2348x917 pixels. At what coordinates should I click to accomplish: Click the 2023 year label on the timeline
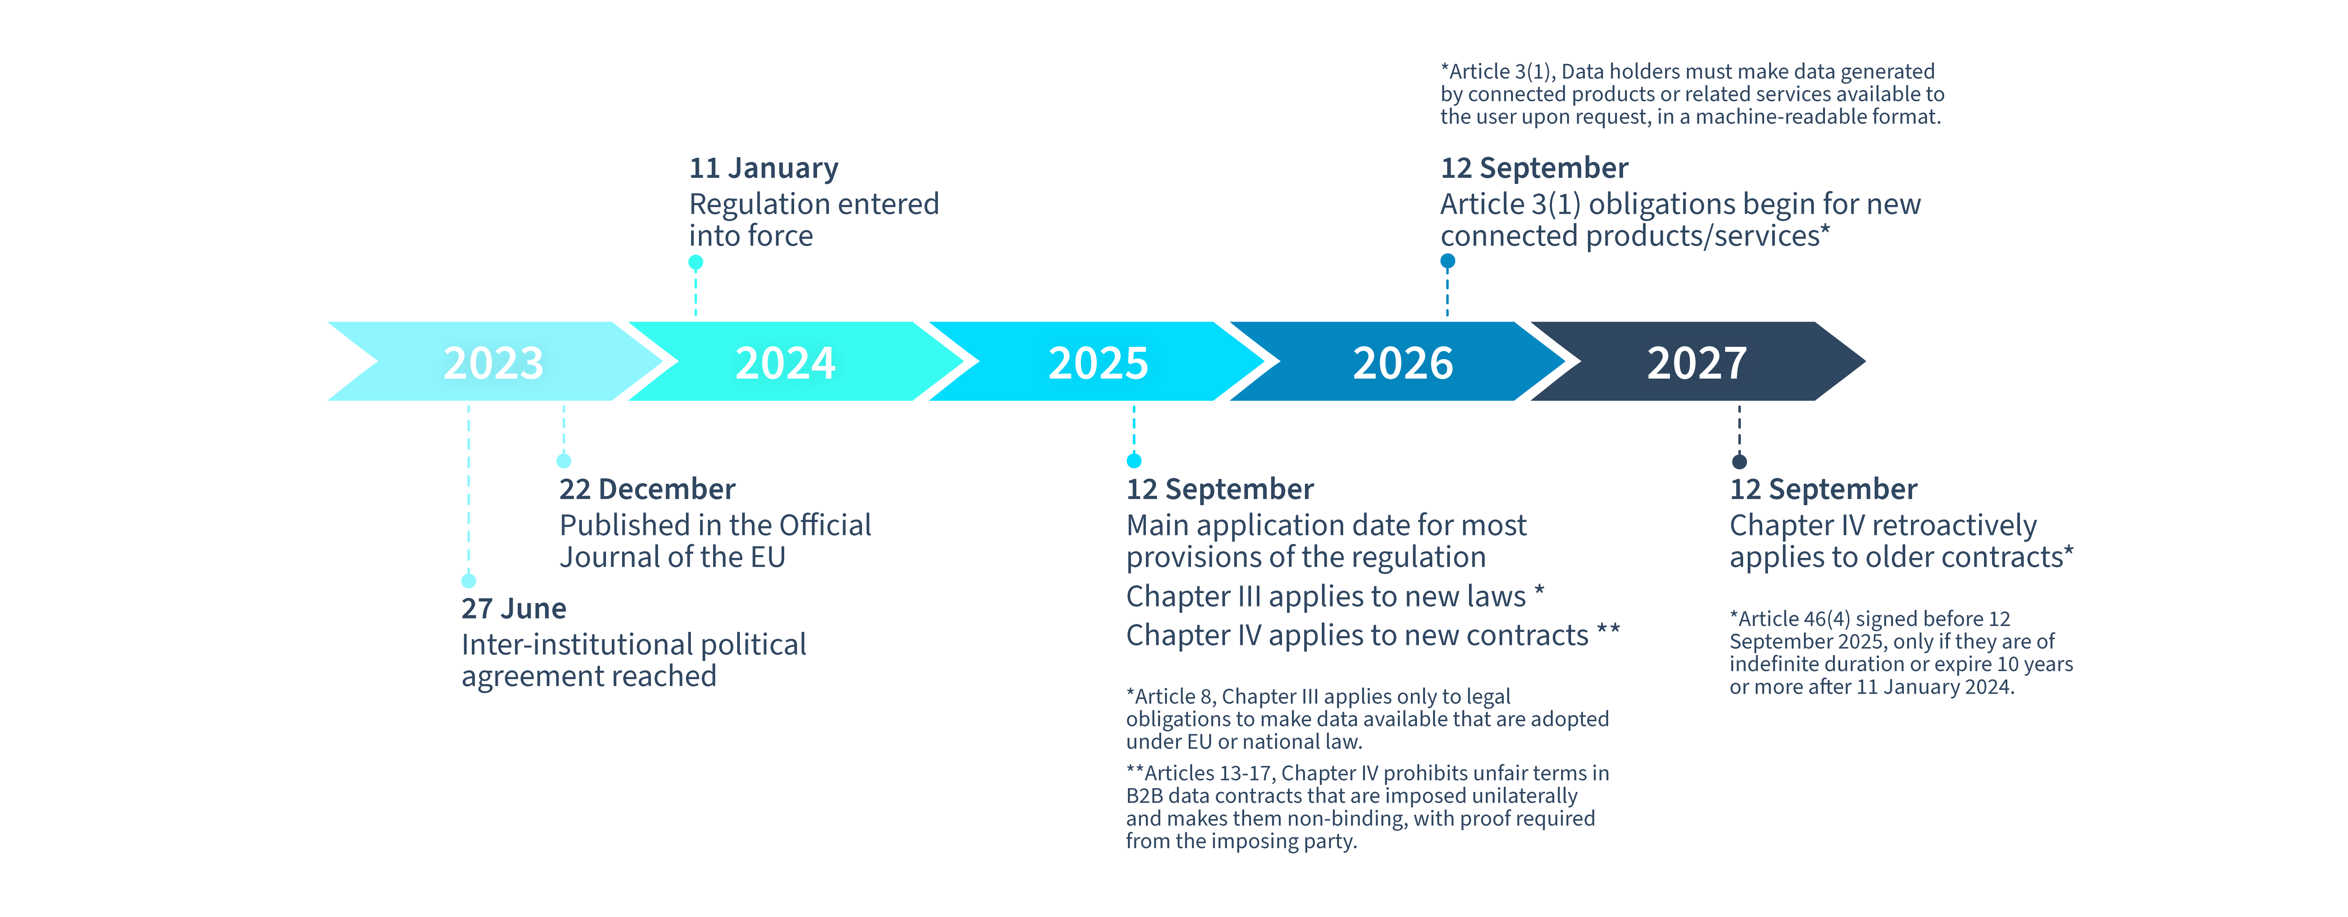click(x=493, y=363)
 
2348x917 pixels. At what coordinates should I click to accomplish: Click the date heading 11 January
click(x=763, y=169)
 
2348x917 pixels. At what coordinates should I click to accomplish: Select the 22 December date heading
click(x=647, y=489)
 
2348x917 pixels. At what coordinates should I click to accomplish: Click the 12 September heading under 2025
click(x=1220, y=489)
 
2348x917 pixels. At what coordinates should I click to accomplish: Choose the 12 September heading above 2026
click(x=1534, y=169)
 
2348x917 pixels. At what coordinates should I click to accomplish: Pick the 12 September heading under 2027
click(x=1823, y=489)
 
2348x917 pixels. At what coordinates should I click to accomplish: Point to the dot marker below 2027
click(x=1739, y=461)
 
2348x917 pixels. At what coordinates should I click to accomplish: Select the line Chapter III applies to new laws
click(x=1334, y=597)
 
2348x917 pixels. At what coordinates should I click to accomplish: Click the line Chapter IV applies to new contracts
click(x=1372, y=635)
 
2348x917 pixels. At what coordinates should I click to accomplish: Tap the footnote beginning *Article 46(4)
click(x=1900, y=653)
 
